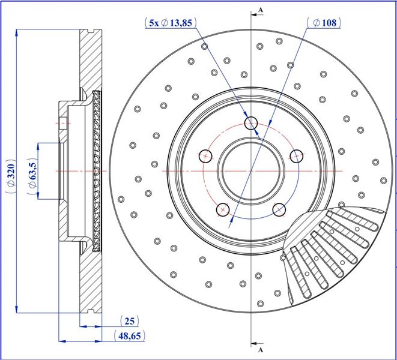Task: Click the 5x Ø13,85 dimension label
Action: [171, 23]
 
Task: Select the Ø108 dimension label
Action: [324, 23]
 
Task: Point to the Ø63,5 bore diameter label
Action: [32, 176]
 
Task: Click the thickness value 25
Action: [129, 321]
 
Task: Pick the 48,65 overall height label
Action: [130, 336]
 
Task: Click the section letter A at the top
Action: [261, 10]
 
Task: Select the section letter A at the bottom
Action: [261, 350]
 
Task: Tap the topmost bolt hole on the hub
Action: [251, 123]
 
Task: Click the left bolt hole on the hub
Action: [205, 156]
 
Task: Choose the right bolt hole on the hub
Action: [297, 156]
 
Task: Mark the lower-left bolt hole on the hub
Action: [223, 210]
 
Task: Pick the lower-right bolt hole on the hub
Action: [279, 210]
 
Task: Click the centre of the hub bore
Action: [251, 171]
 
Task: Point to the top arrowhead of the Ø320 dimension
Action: [17, 33]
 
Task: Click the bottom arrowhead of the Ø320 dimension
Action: [17, 309]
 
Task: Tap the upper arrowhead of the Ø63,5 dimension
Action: [38, 147]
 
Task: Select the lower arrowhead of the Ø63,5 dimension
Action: [38, 196]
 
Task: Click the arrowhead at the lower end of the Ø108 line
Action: [231, 223]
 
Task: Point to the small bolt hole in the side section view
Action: [63, 123]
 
